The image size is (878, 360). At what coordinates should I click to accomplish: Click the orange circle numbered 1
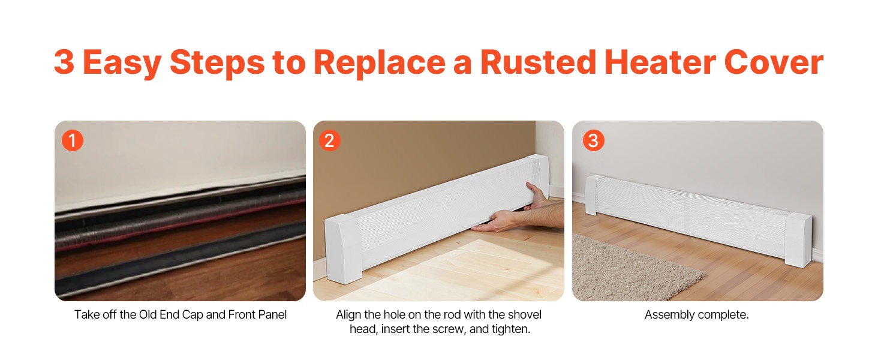click(x=73, y=140)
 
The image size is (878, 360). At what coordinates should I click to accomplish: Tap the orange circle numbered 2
click(x=329, y=140)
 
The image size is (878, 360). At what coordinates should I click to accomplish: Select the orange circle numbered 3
click(x=594, y=140)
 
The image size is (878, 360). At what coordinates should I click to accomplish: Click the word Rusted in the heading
click(x=538, y=62)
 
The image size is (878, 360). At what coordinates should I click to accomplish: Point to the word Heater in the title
click(x=660, y=62)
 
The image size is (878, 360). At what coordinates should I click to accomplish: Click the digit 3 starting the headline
click(x=64, y=62)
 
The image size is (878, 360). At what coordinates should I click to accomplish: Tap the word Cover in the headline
click(x=774, y=62)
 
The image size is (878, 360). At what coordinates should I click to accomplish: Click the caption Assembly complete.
click(x=696, y=314)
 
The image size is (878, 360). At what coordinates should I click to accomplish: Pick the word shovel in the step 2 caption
click(x=524, y=314)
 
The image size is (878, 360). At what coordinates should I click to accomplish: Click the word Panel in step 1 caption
click(x=272, y=314)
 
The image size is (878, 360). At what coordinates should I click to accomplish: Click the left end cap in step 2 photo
click(x=343, y=248)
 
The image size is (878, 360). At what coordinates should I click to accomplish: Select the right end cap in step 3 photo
click(x=798, y=240)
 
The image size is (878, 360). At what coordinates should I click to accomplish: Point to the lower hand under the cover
click(x=498, y=221)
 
